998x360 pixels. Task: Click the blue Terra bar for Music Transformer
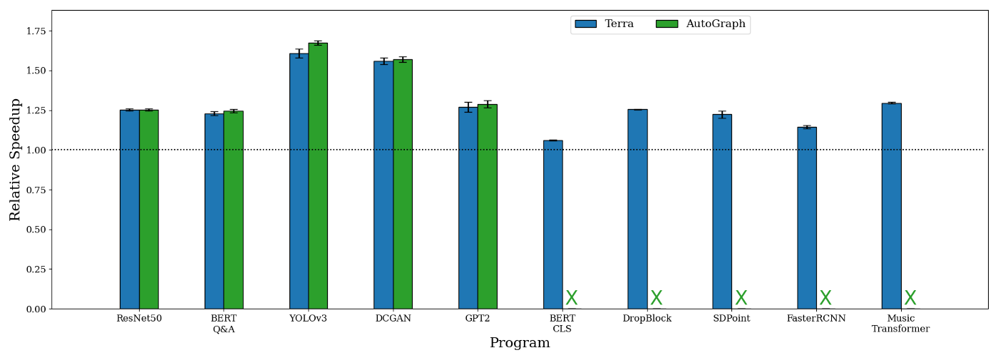(891, 206)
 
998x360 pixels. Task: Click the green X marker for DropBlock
(656, 298)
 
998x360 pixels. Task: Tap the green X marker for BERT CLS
(572, 298)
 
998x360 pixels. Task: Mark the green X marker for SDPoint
(741, 298)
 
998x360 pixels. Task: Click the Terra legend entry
(604, 24)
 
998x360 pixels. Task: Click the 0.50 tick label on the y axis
(36, 230)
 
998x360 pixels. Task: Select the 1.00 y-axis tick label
(36, 150)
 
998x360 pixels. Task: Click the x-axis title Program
(520, 344)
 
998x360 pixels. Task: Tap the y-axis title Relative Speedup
(16, 160)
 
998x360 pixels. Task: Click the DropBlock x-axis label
(647, 319)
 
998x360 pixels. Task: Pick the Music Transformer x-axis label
(900, 324)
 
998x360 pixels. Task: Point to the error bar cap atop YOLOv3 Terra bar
(299, 49)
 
